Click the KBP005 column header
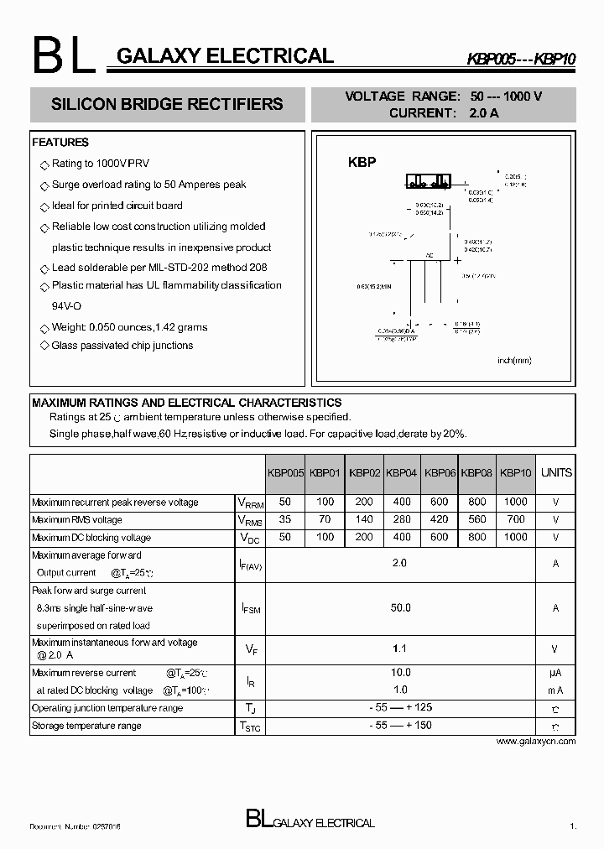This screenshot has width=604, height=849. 285,472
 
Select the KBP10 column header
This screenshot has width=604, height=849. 516,472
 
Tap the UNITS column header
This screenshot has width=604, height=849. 556,472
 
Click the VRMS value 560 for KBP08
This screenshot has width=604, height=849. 476,519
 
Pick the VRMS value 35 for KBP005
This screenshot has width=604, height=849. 285,519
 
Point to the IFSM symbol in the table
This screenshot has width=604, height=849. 250,608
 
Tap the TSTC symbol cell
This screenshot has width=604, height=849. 250,727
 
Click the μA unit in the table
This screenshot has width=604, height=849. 555,673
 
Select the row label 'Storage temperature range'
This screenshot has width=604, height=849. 86,726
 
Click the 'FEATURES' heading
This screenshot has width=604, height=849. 60,143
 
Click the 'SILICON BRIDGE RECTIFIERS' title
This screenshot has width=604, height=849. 167,105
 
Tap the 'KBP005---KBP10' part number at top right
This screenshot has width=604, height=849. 521,60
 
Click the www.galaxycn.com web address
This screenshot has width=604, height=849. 536,742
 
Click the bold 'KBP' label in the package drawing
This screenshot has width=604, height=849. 362,162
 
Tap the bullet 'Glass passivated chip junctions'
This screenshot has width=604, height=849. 122,346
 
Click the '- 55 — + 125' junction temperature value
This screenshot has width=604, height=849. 400,708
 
